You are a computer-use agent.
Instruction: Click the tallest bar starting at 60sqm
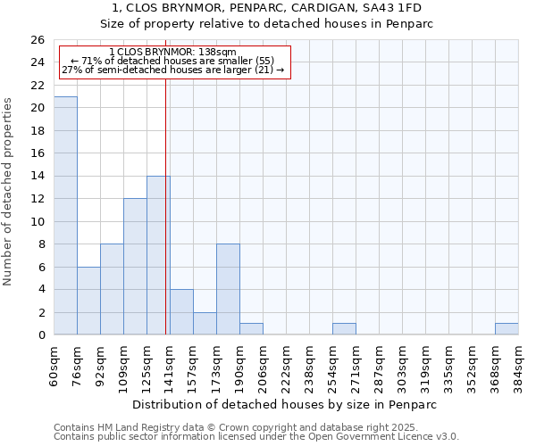click(65, 215)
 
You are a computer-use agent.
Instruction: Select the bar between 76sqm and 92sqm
click(88, 301)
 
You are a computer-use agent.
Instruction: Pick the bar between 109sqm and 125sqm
click(135, 267)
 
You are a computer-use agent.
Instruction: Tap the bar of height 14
click(158, 255)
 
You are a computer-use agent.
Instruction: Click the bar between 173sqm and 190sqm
click(228, 289)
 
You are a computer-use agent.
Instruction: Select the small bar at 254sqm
click(344, 329)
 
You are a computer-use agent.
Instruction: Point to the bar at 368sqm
click(507, 329)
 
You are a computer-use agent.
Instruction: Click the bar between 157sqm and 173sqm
click(205, 323)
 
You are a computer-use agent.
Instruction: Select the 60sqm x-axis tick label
click(54, 364)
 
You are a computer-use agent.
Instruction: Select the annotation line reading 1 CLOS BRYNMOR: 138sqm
click(172, 53)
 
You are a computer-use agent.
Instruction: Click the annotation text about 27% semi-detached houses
click(172, 70)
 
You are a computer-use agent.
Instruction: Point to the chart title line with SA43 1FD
click(267, 8)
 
